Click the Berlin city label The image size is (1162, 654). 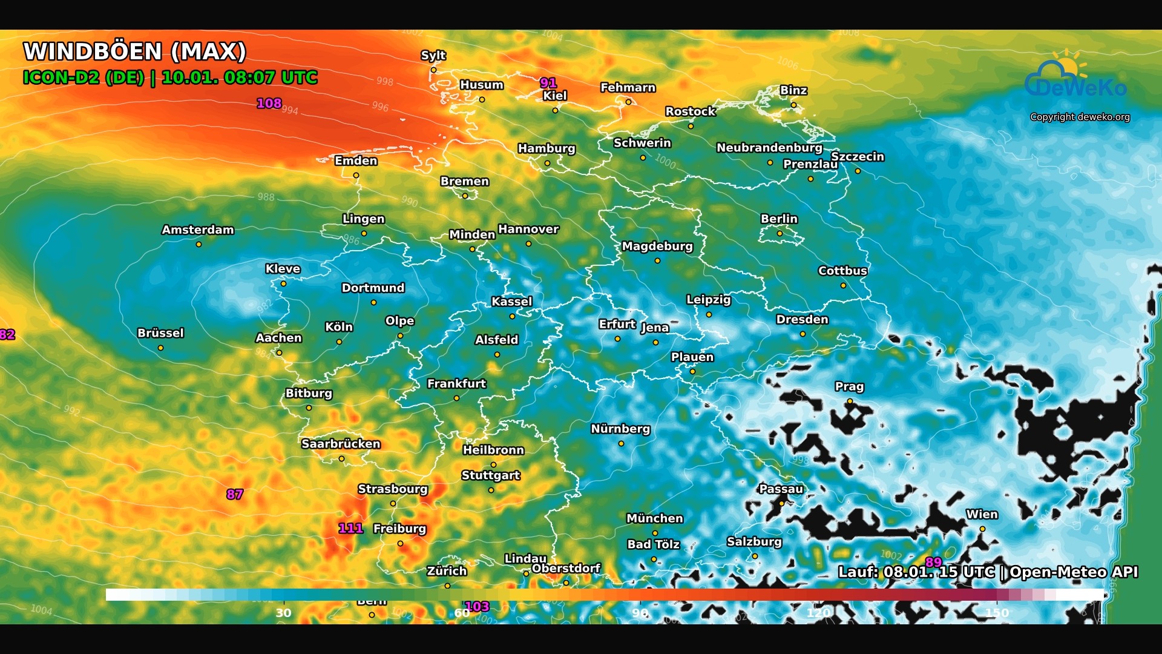(779, 219)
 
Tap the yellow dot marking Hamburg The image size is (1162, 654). (547, 163)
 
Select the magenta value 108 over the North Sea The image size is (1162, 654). (269, 103)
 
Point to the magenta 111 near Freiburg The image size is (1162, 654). (350, 528)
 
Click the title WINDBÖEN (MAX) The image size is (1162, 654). (134, 51)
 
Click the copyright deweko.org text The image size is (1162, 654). (1080, 117)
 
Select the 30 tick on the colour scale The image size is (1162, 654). (283, 613)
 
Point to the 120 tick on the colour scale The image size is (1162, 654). (818, 613)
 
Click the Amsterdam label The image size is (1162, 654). (197, 230)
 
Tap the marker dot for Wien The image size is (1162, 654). (982, 529)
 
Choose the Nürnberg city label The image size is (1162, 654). (620, 429)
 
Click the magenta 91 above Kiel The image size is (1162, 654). (548, 83)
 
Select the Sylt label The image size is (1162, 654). (433, 55)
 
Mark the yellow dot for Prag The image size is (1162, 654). (850, 401)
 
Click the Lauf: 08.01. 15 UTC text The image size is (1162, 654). (916, 572)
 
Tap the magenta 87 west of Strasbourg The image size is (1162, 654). (235, 494)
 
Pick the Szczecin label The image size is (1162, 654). (857, 156)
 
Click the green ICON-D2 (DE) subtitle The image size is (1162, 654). (84, 78)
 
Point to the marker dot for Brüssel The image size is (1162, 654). (160, 348)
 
